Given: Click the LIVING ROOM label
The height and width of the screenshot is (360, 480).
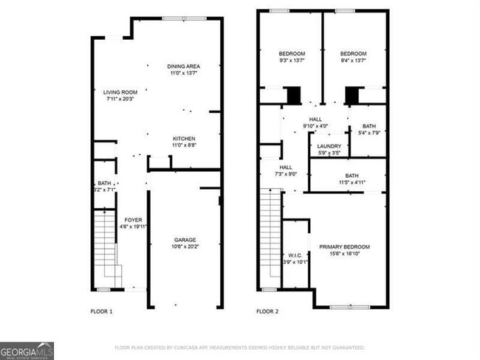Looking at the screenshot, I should pyautogui.click(x=120, y=92).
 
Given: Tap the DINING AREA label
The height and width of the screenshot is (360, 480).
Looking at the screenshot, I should pyautogui.click(x=184, y=66).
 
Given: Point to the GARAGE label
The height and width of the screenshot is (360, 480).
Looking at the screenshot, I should pyautogui.click(x=185, y=240).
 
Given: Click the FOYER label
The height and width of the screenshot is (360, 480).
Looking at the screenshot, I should pyautogui.click(x=133, y=220).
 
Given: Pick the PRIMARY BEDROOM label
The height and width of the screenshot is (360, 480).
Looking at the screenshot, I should pyautogui.click(x=344, y=246).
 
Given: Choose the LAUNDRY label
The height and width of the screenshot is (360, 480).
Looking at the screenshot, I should pyautogui.click(x=329, y=146).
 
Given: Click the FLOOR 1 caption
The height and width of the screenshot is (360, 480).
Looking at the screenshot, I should pyautogui.click(x=101, y=312).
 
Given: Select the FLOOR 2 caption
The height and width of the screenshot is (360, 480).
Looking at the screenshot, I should pyautogui.click(x=267, y=312).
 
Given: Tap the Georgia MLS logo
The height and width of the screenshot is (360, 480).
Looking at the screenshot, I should pyautogui.click(x=27, y=350).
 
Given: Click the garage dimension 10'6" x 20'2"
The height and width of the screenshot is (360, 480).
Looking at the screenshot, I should pyautogui.click(x=185, y=247).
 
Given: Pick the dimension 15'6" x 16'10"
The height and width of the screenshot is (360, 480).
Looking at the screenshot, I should pyautogui.click(x=344, y=254).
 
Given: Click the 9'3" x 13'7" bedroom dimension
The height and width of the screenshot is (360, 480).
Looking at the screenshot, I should pyautogui.click(x=292, y=61).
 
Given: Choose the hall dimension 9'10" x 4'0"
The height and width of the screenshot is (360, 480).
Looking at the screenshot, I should pyautogui.click(x=315, y=125).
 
